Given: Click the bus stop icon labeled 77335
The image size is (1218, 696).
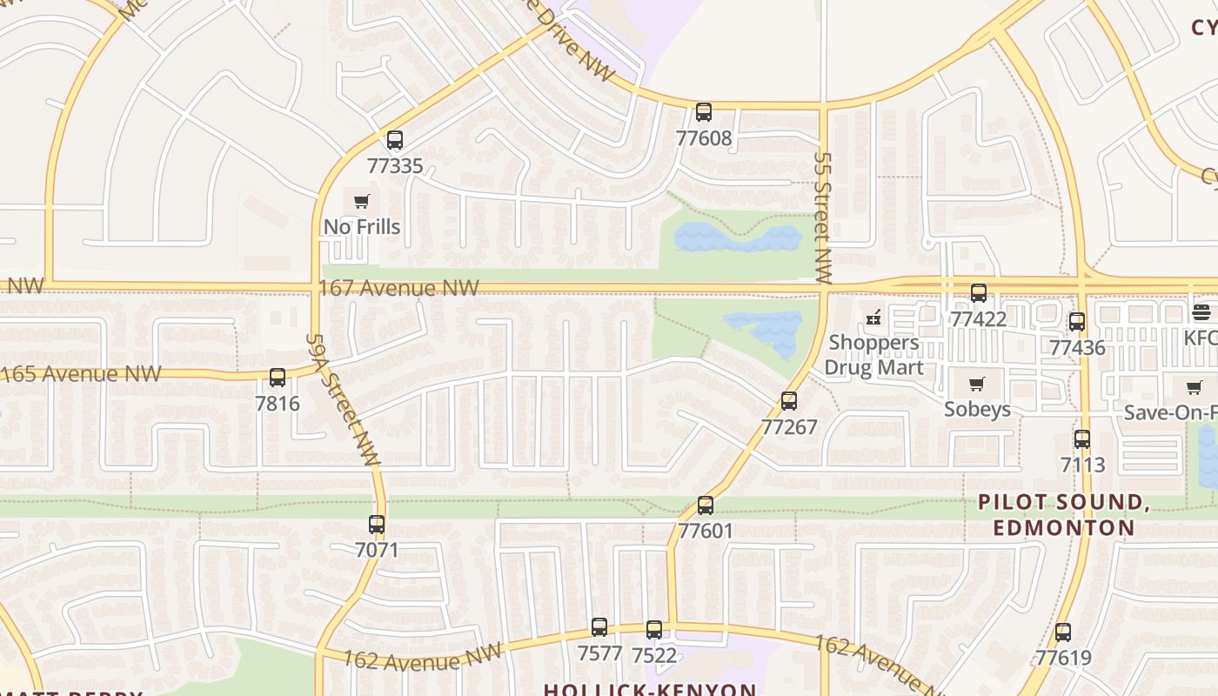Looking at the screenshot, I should click(x=395, y=140).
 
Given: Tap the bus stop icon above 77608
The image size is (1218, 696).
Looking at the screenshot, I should click(x=704, y=112).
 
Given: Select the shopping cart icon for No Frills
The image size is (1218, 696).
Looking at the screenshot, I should click(x=362, y=202).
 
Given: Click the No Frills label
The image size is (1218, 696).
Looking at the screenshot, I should click(x=362, y=227).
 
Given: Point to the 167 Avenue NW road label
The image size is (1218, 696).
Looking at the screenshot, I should click(x=399, y=288).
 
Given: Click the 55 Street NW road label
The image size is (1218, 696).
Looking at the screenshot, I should click(x=823, y=217).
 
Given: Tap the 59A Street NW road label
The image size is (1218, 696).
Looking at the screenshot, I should click(x=343, y=400).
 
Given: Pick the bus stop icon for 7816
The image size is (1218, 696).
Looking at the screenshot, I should click(x=278, y=378).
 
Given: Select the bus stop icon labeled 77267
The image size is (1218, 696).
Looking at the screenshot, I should click(x=789, y=401).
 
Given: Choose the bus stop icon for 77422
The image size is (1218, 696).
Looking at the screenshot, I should click(x=979, y=293).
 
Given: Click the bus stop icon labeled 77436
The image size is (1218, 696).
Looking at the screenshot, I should click(x=1077, y=322).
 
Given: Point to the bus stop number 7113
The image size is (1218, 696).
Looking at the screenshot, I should click(x=1082, y=465).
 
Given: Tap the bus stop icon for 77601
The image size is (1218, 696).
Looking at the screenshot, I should click(x=706, y=505).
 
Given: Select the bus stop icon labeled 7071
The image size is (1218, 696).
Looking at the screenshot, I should click(x=377, y=525).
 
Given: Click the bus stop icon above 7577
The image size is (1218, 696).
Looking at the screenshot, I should click(x=599, y=627).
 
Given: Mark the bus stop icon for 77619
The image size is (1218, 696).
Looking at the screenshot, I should click(x=1063, y=632).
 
